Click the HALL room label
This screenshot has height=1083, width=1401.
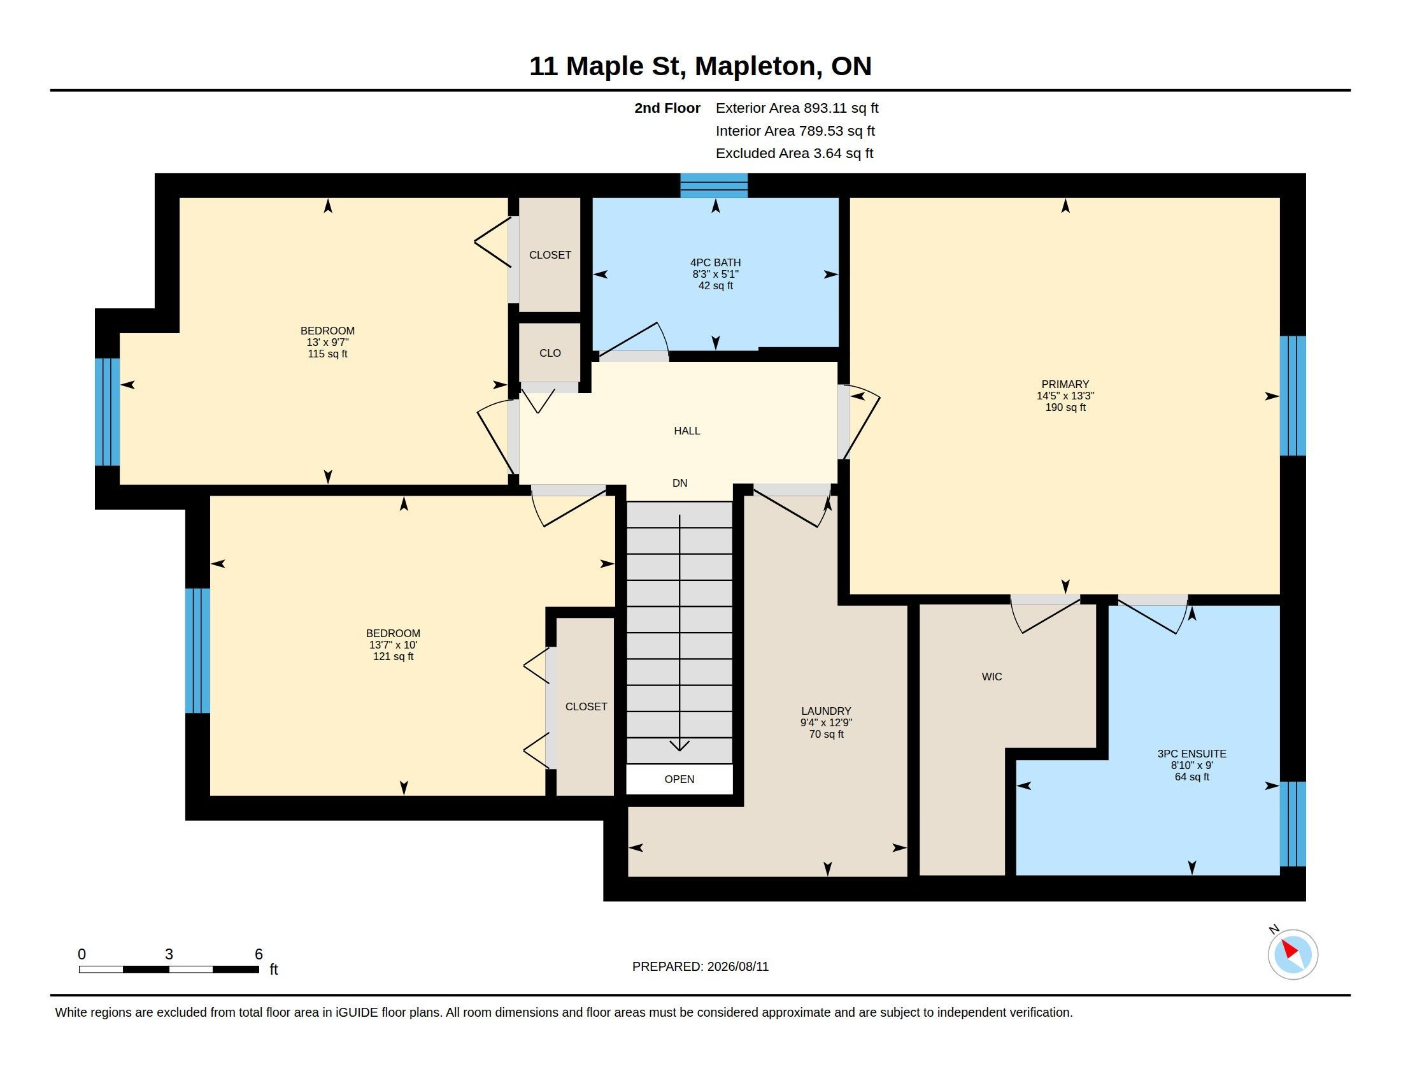point(686,431)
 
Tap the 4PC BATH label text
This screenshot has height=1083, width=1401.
point(715,262)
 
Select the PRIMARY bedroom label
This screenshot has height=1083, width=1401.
point(1065,384)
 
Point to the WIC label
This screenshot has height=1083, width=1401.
point(991,676)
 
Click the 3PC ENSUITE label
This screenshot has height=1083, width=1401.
point(1191,754)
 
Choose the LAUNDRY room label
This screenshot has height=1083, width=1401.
point(825,711)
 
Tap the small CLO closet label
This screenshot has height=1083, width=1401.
point(550,353)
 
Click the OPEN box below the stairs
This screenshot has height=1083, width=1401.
point(679,779)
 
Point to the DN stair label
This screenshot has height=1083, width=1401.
point(679,483)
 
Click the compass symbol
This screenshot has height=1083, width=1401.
point(1292,954)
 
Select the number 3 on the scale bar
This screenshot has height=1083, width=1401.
point(169,954)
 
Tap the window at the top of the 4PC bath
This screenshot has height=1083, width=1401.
point(713,185)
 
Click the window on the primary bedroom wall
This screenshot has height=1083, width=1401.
point(1293,396)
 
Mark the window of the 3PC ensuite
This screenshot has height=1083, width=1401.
point(1293,824)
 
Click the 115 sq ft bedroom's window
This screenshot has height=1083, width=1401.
point(107,412)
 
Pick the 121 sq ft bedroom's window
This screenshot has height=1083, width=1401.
point(197,650)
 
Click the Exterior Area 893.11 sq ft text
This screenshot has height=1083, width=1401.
point(797,108)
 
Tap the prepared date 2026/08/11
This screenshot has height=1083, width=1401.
point(737,966)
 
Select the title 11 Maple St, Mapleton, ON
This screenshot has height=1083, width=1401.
point(700,66)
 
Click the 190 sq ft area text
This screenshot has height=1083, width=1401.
point(1065,408)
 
